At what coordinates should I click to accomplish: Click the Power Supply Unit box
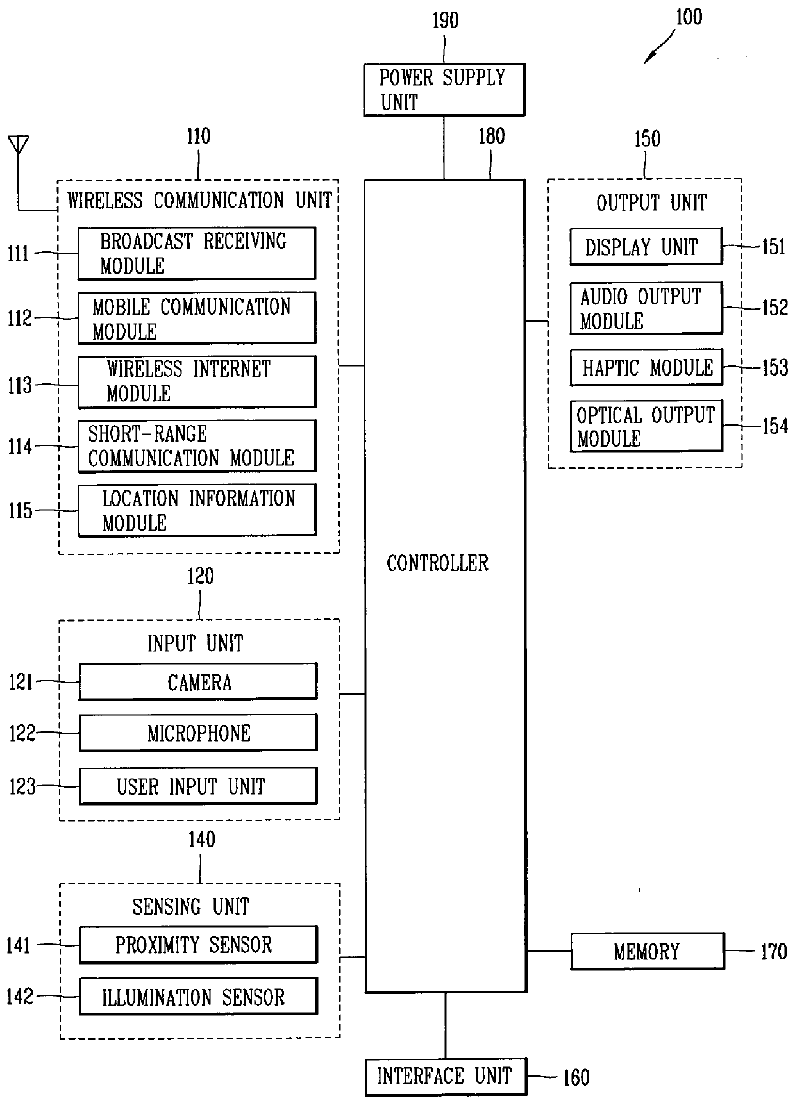pyautogui.click(x=444, y=90)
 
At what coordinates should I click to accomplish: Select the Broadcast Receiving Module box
pyautogui.click(x=197, y=253)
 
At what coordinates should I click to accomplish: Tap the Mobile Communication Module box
pyautogui.click(x=197, y=318)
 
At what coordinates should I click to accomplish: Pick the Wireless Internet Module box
pyautogui.click(x=197, y=382)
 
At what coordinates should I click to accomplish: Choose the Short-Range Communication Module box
pyautogui.click(x=197, y=446)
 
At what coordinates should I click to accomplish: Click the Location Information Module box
pyautogui.click(x=197, y=510)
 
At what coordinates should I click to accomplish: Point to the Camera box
pyautogui.click(x=198, y=681)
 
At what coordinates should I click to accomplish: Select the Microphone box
pyautogui.click(x=198, y=733)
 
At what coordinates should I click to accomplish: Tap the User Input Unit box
pyautogui.click(x=198, y=786)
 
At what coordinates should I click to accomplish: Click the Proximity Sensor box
pyautogui.click(x=198, y=945)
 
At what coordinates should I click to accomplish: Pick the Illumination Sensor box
pyautogui.click(x=198, y=996)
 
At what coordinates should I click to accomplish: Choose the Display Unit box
pyautogui.click(x=646, y=246)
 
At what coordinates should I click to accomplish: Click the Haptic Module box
pyautogui.click(x=646, y=367)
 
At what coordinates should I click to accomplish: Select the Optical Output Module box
pyautogui.click(x=646, y=426)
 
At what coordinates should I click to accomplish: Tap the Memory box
pyautogui.click(x=648, y=951)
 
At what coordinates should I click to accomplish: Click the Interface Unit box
pyautogui.click(x=446, y=1077)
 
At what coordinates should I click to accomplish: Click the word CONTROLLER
pyautogui.click(x=437, y=563)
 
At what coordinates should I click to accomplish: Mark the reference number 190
pyautogui.click(x=445, y=21)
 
